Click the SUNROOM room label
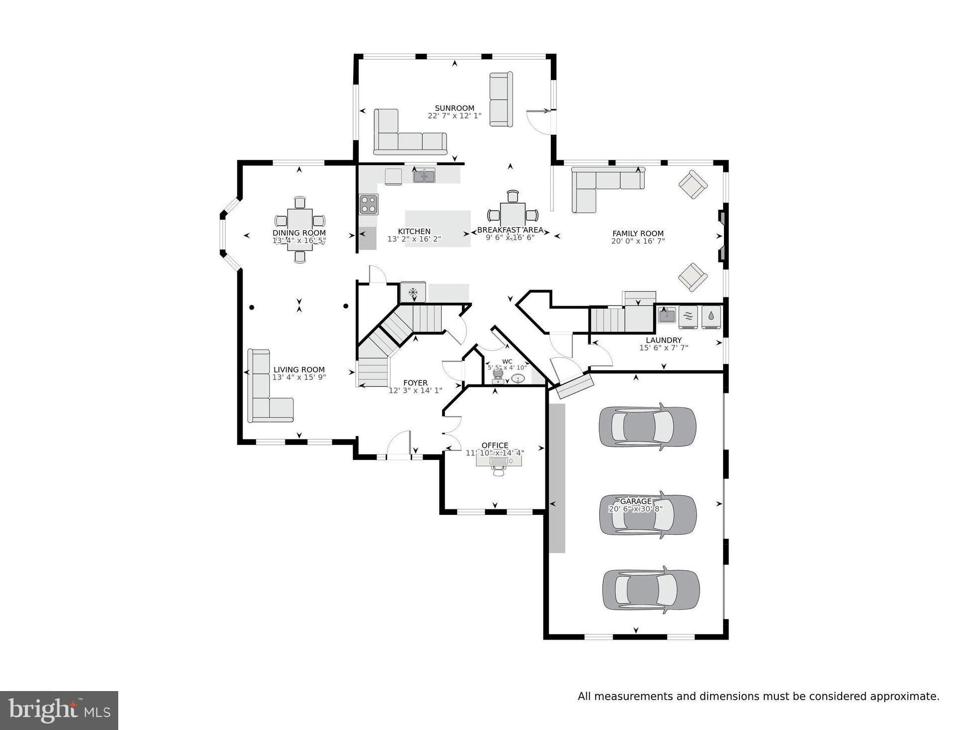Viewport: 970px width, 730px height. tap(454, 108)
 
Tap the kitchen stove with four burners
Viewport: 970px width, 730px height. tap(369, 204)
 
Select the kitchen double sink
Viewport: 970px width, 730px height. tap(424, 175)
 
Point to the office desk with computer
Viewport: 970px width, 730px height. tap(498, 461)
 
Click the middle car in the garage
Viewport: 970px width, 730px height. tap(648, 515)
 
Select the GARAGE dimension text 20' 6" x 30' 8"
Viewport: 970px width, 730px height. tap(635, 509)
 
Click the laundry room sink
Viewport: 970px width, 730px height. tap(667, 316)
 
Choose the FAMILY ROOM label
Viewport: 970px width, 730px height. tap(638, 233)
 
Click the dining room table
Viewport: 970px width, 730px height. tap(299, 229)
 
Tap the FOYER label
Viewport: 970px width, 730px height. tap(415, 383)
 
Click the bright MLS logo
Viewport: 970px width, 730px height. tap(59, 710)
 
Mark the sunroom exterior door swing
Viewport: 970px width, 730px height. tap(539, 122)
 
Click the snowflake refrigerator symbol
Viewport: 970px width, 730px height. tap(413, 292)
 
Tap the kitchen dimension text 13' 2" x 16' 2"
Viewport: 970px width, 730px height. tap(414, 239)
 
